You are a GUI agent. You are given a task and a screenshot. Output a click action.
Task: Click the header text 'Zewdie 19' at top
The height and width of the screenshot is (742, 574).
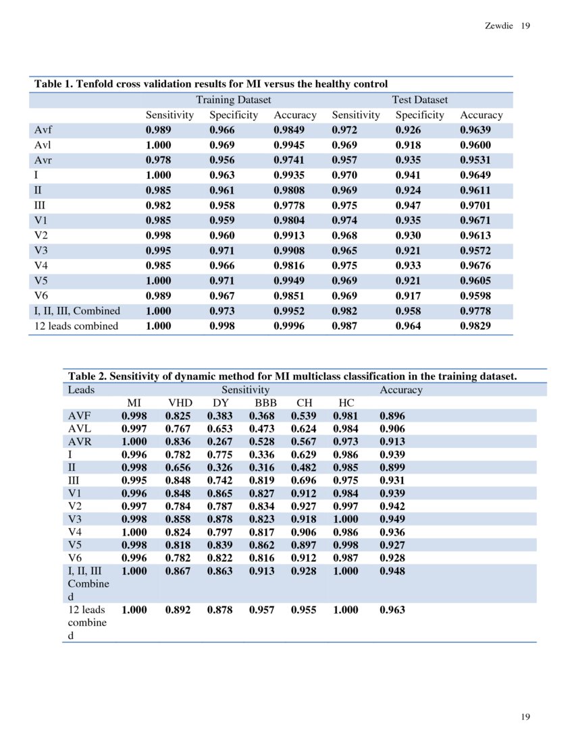click(x=507, y=26)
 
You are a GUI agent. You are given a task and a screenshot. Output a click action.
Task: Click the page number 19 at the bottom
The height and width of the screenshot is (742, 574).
click(x=525, y=716)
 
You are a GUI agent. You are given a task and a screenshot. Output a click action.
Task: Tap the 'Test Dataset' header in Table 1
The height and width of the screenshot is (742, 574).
click(x=419, y=100)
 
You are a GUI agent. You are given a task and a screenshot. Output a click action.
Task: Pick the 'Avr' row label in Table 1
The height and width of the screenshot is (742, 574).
click(x=43, y=160)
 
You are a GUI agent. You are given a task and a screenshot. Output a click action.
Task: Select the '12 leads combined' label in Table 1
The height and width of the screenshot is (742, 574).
click(x=76, y=326)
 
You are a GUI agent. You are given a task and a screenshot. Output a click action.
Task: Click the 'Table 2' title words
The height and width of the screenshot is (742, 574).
click(x=86, y=376)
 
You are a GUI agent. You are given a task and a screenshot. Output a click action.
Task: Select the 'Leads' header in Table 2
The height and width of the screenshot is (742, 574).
click(x=81, y=390)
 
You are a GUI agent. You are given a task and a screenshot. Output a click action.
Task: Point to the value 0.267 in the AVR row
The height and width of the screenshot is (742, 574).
click(x=219, y=441)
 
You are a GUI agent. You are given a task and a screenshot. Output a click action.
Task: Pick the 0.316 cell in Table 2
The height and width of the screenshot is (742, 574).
click(x=262, y=467)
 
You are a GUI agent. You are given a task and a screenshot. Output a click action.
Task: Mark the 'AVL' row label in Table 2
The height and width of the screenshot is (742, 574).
click(x=80, y=428)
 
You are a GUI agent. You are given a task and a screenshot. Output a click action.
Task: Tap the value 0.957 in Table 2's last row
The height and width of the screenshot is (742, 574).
click(x=262, y=610)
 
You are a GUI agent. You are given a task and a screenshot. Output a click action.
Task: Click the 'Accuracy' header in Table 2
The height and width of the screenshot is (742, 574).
click(x=400, y=390)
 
